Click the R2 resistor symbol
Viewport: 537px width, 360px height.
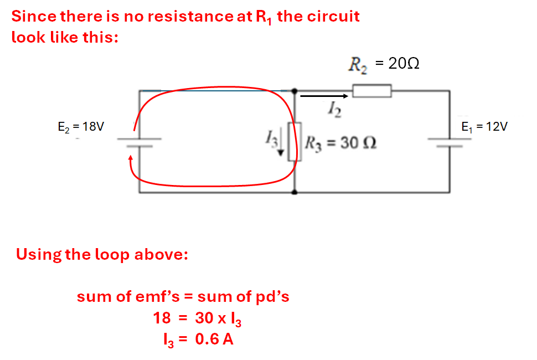click(372, 91)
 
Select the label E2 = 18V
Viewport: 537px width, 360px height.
click(81, 127)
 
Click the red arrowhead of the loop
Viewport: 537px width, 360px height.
click(131, 160)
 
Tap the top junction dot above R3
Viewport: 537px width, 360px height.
click(294, 91)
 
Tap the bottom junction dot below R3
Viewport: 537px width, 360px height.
click(294, 192)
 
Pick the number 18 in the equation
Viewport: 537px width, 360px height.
click(161, 318)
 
